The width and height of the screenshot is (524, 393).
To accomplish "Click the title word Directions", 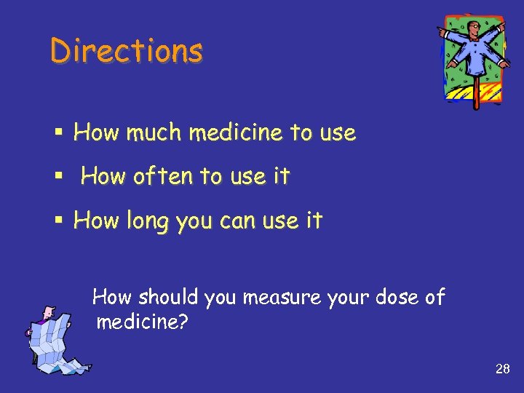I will click(127, 51).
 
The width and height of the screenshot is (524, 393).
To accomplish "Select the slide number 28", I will click(502, 369).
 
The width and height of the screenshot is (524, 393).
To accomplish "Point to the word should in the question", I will click(168, 297).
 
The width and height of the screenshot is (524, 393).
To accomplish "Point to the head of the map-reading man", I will click(48, 313).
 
